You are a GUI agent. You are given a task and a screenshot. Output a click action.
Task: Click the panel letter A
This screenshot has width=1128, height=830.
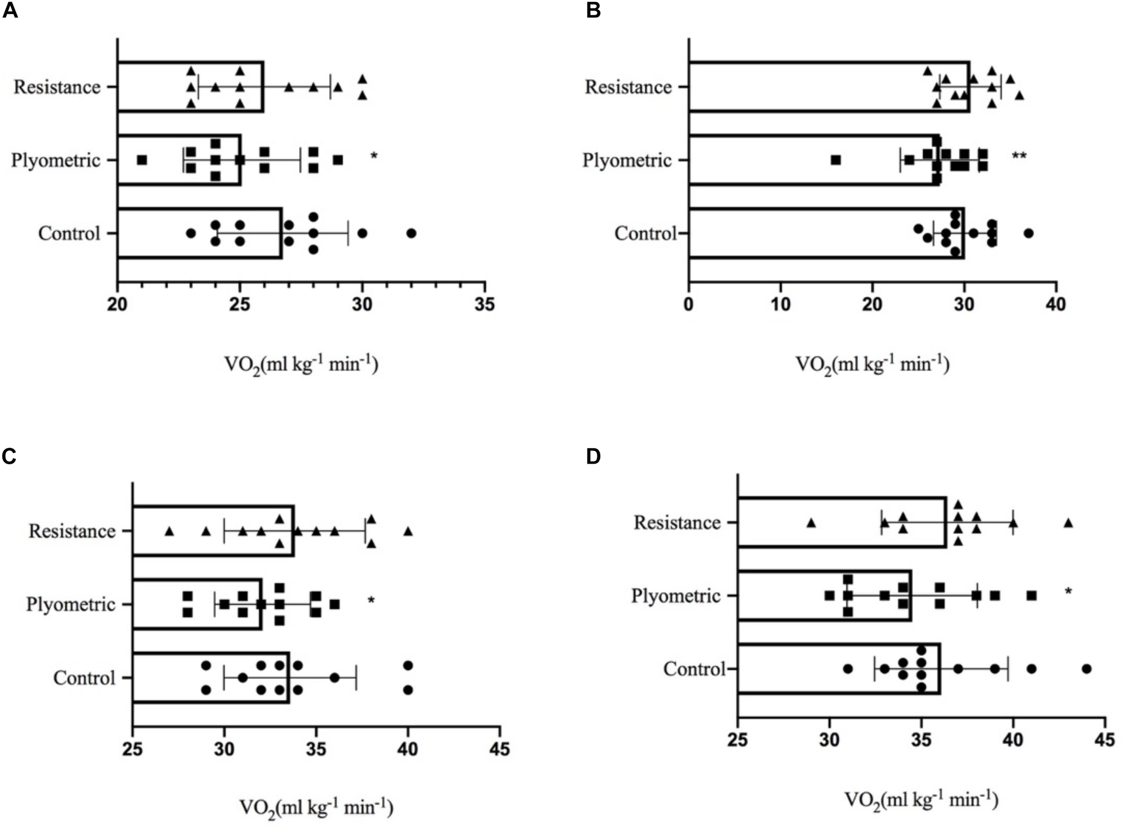[x=10, y=10]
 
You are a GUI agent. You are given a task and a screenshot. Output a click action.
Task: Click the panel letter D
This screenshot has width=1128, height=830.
[x=593, y=456]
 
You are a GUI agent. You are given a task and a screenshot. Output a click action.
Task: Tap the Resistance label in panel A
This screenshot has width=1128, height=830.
[x=57, y=87]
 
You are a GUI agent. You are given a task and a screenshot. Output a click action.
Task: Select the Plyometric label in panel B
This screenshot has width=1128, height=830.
[x=627, y=160]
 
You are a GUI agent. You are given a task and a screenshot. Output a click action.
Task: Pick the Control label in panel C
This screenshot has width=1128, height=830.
[x=84, y=678]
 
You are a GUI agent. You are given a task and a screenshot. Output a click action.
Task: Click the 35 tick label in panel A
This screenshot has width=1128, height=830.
[x=485, y=304]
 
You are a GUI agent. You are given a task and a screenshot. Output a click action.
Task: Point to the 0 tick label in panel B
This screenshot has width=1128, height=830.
[x=689, y=304]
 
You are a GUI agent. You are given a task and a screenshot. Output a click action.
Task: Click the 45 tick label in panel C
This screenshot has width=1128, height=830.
[x=499, y=749]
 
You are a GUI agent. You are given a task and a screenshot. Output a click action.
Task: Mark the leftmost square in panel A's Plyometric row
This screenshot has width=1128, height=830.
[x=142, y=160]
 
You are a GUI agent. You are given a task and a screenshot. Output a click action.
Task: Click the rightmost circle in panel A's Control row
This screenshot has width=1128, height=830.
[x=411, y=233]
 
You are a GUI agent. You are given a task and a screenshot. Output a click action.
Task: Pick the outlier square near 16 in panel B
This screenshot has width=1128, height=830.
[x=836, y=160]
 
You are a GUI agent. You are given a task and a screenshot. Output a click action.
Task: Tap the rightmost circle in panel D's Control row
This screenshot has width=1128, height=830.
[x=1086, y=669]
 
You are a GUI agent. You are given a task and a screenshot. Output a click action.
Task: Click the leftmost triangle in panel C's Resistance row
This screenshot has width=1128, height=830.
[x=169, y=531]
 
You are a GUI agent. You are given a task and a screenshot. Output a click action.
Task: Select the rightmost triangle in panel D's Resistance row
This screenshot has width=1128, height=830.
[x=1068, y=523]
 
